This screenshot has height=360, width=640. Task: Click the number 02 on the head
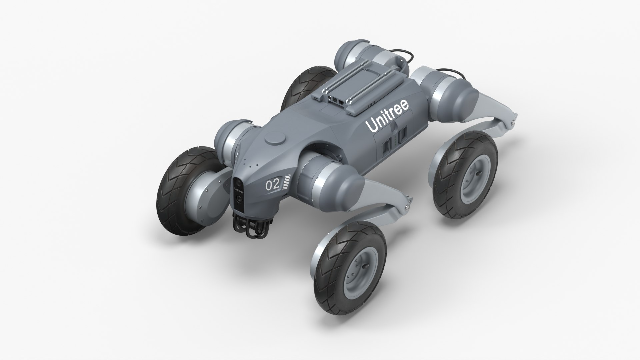(x=272, y=186)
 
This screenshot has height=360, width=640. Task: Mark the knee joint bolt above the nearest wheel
(x=407, y=207)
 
